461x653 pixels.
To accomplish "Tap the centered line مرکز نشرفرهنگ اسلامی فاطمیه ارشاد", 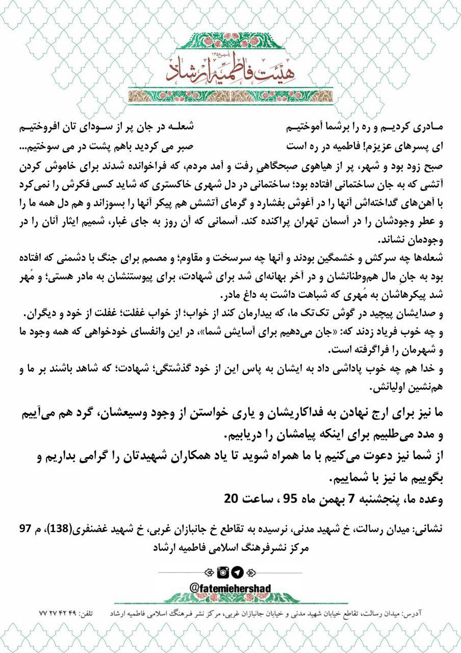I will [x=231, y=547].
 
